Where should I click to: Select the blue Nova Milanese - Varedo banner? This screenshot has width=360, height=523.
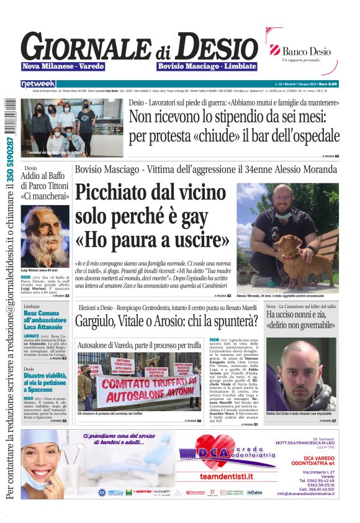[63, 66]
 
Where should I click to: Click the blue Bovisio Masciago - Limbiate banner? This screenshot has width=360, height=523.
[207, 66]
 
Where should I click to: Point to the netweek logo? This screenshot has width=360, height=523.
[38, 84]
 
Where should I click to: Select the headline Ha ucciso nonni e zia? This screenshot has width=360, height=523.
[301, 321]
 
